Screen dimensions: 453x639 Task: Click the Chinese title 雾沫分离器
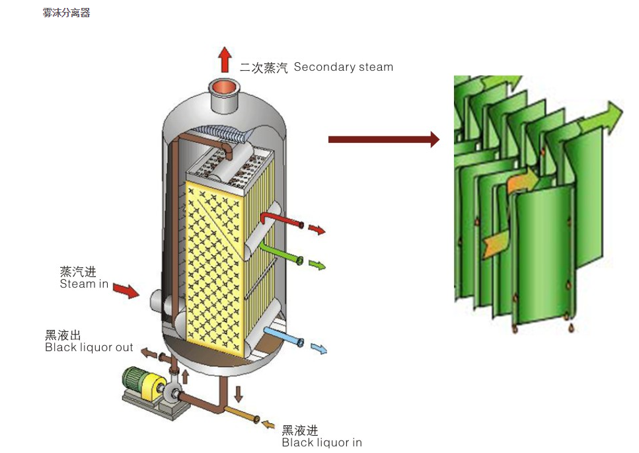pyautogui.click(x=66, y=13)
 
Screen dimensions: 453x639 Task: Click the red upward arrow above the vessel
pyautogui.click(x=225, y=59)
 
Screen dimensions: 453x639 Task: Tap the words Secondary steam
pyautogui.click(x=343, y=67)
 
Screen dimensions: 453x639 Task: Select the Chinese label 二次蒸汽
pyautogui.click(x=264, y=67)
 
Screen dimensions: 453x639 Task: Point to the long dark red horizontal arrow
pyautogui.click(x=383, y=139)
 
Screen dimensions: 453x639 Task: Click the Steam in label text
pyautogui.click(x=84, y=284)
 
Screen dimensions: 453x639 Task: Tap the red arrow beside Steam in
pyautogui.click(x=126, y=290)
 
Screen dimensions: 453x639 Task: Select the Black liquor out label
pyautogui.click(x=89, y=347)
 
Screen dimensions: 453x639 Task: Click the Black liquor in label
pyautogui.click(x=321, y=442)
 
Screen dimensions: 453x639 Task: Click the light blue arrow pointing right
pyautogui.click(x=319, y=349)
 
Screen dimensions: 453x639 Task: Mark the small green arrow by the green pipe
pyautogui.click(x=317, y=265)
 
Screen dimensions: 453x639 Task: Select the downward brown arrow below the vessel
pyautogui.click(x=239, y=394)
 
